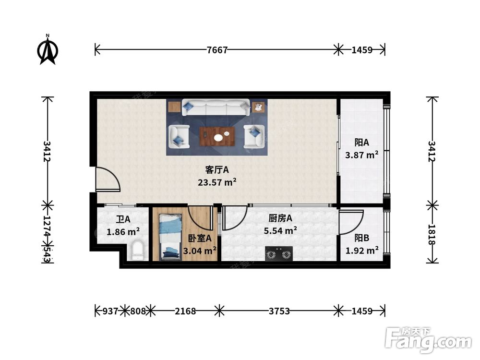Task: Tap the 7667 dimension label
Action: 217,49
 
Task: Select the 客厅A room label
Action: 217,169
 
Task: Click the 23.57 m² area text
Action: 217,182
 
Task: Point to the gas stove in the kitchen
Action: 278,254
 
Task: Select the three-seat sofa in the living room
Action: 216,108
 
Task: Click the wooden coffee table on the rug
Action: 217,136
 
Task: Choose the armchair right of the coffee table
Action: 254,136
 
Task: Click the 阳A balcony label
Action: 361,143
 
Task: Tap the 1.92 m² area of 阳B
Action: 362,251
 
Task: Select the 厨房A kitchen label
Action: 280,218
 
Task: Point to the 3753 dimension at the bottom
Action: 279,311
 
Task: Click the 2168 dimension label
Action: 185,311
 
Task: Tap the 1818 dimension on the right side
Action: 432,235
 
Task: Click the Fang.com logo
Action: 428,340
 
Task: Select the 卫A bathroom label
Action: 123,219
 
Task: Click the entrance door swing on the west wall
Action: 108,180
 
